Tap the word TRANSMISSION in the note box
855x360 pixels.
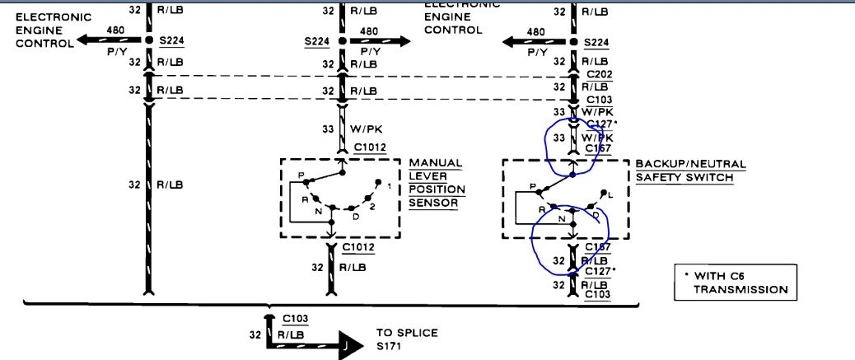click(x=740, y=289)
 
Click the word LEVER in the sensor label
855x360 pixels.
click(x=429, y=176)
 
